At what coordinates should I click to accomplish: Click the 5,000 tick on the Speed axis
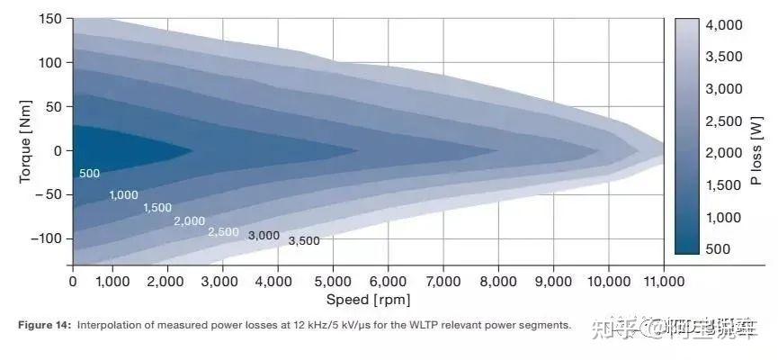(x=333, y=281)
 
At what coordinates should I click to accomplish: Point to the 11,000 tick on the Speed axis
(x=662, y=281)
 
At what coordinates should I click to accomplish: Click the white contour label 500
(x=88, y=174)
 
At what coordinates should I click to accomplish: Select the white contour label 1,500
(x=156, y=208)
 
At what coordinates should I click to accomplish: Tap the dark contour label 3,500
(x=304, y=241)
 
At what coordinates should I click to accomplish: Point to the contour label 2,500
(x=223, y=231)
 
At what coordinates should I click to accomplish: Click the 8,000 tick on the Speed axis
(x=497, y=281)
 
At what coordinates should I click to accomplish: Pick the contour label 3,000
(x=264, y=236)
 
